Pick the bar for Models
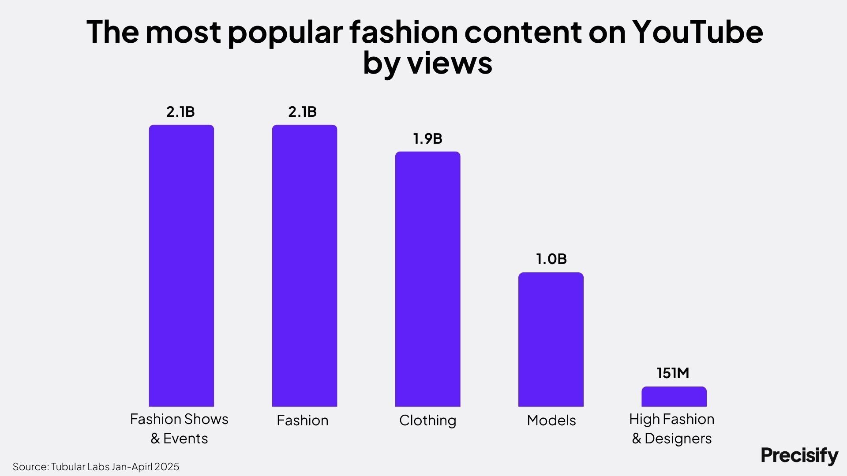click(x=551, y=339)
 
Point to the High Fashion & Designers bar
click(x=674, y=397)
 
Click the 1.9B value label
click(x=427, y=138)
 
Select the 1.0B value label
click(x=551, y=259)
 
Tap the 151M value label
click(x=673, y=373)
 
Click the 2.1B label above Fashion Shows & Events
click(x=180, y=112)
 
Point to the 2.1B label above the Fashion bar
click(x=303, y=112)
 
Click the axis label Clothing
click(x=427, y=420)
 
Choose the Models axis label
click(x=551, y=420)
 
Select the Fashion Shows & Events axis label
click(x=179, y=428)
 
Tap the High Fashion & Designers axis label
click(x=672, y=428)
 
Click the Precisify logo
click(x=799, y=455)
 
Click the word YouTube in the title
click(x=697, y=32)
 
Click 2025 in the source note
click(x=167, y=467)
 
